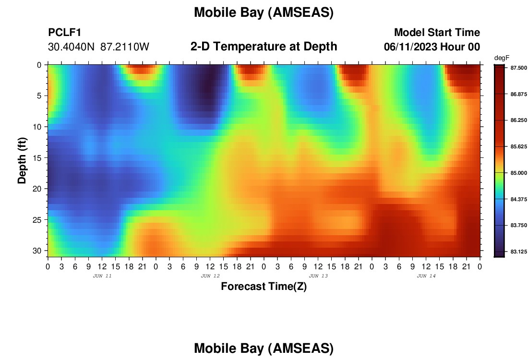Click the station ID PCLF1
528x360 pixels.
[65, 32]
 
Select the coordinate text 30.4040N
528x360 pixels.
[71, 47]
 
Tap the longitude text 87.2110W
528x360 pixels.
[125, 47]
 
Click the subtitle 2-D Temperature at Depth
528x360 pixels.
[264, 47]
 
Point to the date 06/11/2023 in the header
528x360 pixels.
[410, 47]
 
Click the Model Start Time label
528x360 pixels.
[437, 32]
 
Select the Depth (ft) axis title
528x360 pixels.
[22, 161]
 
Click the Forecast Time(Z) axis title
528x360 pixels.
[264, 286]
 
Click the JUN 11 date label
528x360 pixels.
[102, 276]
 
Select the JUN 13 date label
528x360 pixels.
[318, 276]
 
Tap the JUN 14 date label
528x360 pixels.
[426, 276]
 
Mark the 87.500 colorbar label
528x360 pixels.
[518, 68]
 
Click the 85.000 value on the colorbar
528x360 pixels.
[518, 173]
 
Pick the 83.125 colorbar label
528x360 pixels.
[518, 252]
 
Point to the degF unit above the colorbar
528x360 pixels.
[502, 58]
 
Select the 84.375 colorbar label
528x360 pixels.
[518, 199]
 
